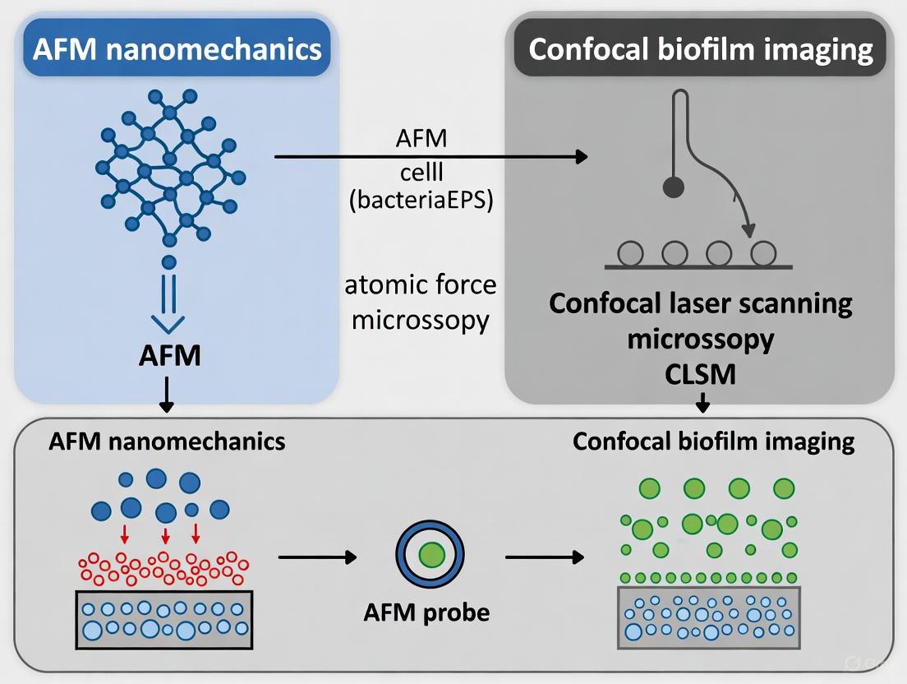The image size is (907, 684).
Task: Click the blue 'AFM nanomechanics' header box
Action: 177,49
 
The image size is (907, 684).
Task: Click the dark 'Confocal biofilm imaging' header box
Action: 700,49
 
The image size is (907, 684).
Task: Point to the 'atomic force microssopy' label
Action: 421,302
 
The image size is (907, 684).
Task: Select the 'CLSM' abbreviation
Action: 701,374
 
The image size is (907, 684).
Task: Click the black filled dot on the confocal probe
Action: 674,188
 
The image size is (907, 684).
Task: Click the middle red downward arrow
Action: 165,537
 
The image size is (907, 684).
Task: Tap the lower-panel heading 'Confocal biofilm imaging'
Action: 713,441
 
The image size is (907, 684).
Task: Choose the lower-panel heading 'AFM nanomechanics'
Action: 167,441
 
